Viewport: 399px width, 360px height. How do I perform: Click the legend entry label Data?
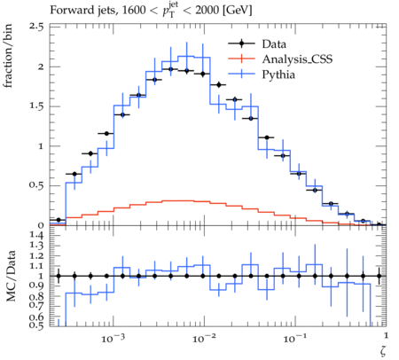pyautogui.click(x=274, y=44)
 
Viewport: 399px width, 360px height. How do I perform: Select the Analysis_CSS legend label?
pyautogui.click(x=297, y=59)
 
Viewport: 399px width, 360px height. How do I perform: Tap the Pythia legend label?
pyautogui.click(x=278, y=74)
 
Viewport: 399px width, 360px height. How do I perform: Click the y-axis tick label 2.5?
pyautogui.click(x=36, y=27)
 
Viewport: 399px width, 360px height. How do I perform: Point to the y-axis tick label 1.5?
pyautogui.click(x=36, y=106)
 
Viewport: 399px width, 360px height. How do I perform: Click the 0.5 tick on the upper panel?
pyautogui.click(x=36, y=185)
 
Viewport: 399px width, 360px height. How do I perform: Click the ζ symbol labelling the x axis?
pyautogui.click(x=383, y=350)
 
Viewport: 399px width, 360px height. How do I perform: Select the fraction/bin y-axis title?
pyautogui.click(x=8, y=56)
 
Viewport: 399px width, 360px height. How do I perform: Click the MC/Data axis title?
pyautogui.click(x=11, y=276)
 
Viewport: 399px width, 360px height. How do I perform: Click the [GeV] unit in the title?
pyautogui.click(x=237, y=11)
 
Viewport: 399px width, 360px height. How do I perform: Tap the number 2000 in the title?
pyautogui.click(x=207, y=11)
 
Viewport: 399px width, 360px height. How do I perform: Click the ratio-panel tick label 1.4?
pyautogui.click(x=37, y=236)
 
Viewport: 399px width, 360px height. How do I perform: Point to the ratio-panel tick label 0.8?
pyautogui.click(x=37, y=297)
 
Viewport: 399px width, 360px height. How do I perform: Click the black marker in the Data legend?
pyautogui.click(x=241, y=43)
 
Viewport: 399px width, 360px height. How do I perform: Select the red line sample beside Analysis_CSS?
pyautogui.click(x=241, y=59)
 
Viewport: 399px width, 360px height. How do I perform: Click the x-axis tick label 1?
pyautogui.click(x=386, y=335)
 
